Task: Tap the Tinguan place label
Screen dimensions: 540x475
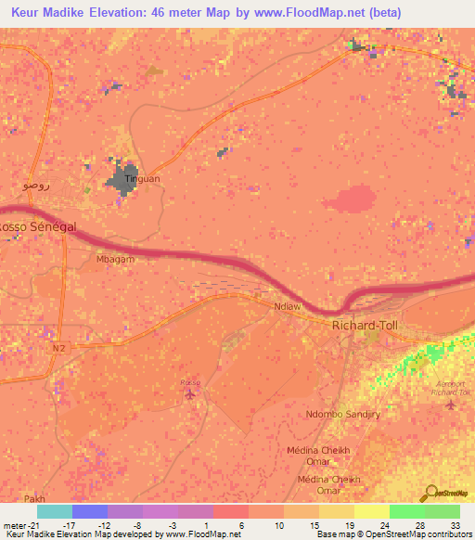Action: pyautogui.click(x=142, y=176)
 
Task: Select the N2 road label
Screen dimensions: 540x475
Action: pyautogui.click(x=59, y=347)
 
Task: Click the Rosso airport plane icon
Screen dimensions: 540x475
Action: pyautogui.click(x=190, y=395)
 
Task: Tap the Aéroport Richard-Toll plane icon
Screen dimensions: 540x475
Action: pyautogui.click(x=450, y=404)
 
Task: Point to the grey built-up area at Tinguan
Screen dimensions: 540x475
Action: pyautogui.click(x=122, y=182)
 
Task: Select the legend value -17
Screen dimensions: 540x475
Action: pyautogui.click(x=69, y=524)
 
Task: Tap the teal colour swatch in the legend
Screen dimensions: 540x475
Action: pyautogui.click(x=55, y=511)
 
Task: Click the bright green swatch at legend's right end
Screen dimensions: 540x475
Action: pyautogui.click(x=443, y=511)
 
